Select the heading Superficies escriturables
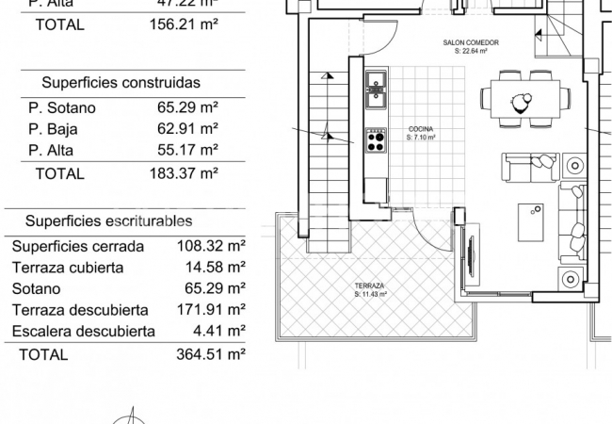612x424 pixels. click(109, 220)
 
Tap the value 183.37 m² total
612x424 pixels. click(184, 173)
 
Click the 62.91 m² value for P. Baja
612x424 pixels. click(187, 129)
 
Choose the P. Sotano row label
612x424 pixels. click(62, 107)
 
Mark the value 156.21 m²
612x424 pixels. click(184, 25)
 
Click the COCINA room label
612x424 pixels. click(421, 129)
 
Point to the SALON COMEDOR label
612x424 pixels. click(471, 43)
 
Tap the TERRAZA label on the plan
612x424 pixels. click(368, 285)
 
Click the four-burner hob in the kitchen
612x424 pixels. click(375, 140)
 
